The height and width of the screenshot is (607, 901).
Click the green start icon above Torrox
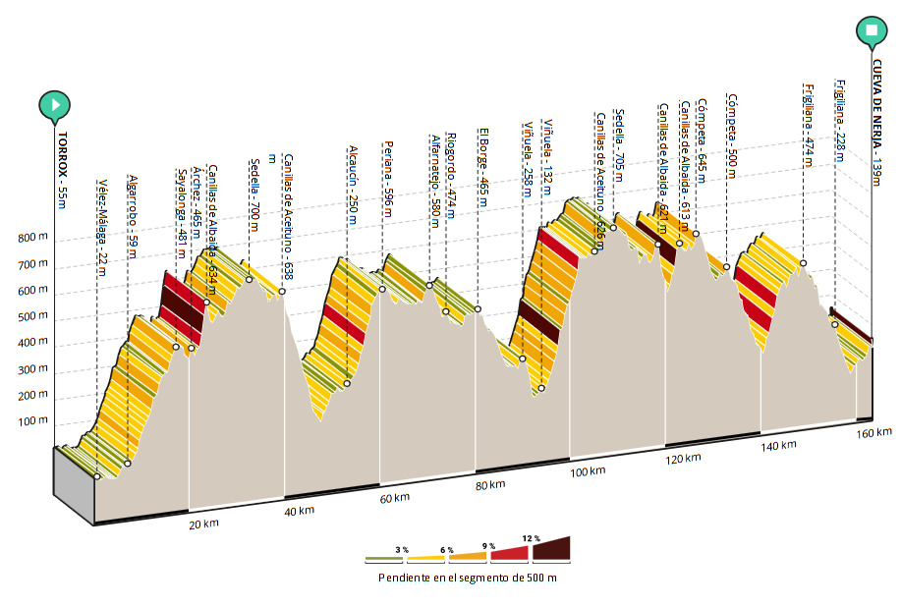[56, 104]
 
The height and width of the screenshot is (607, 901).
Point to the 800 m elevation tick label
[32, 239]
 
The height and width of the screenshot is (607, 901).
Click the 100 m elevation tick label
[32, 421]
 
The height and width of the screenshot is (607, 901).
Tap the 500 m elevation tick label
[32, 317]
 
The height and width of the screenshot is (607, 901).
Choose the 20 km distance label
[204, 524]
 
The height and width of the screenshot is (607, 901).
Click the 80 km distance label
[489, 485]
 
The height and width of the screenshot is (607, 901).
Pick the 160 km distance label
[873, 433]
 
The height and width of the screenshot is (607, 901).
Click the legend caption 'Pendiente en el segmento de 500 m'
[467, 578]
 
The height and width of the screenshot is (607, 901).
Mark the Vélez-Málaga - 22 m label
[102, 215]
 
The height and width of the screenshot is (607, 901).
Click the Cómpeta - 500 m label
[732, 137]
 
